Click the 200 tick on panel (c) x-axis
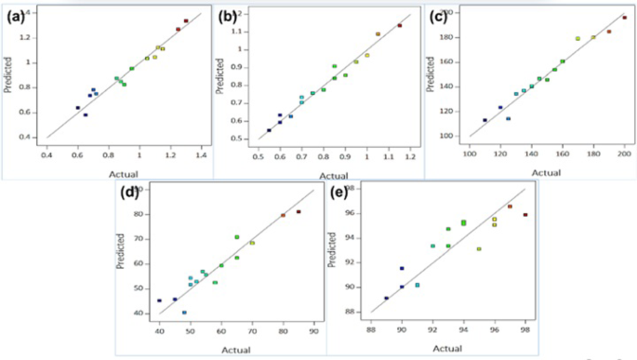click(x=624, y=151)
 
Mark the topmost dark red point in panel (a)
click(x=186, y=20)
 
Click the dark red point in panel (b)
click(x=399, y=25)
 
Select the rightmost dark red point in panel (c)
click(x=624, y=18)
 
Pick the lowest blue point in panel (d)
click(x=184, y=313)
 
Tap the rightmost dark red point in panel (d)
click(x=299, y=211)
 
